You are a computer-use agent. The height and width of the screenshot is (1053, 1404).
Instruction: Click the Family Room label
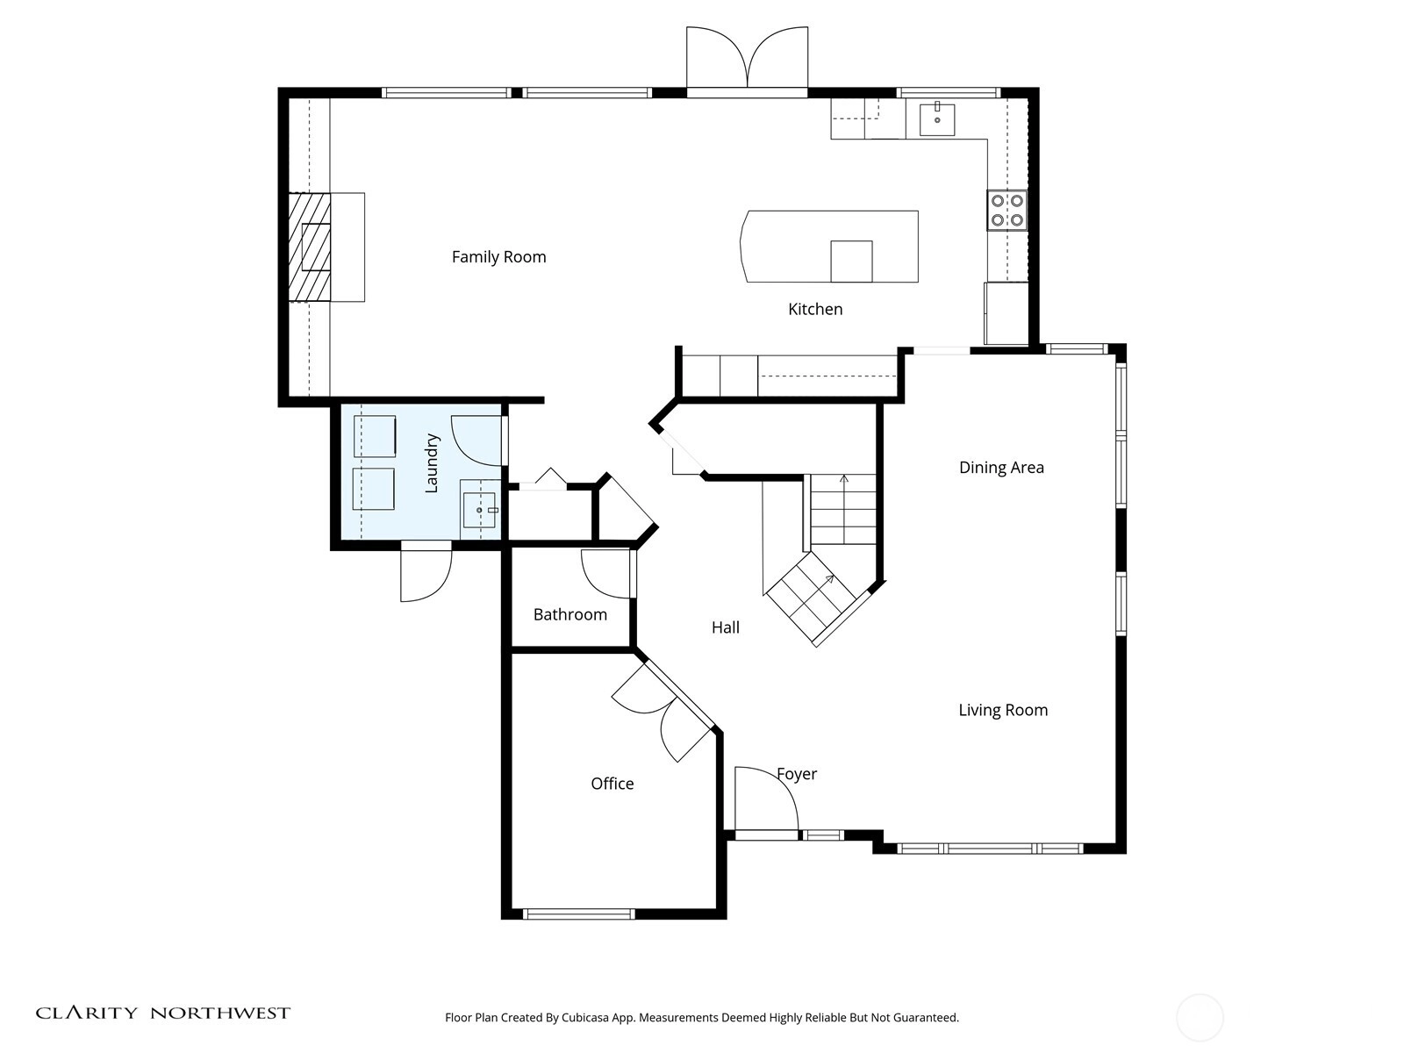pyautogui.click(x=499, y=257)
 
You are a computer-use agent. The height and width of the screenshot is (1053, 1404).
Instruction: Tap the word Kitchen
pyautogui.click(x=815, y=310)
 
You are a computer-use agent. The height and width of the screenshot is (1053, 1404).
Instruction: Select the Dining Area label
pyautogui.click(x=1001, y=468)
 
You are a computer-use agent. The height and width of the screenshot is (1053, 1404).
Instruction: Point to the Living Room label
pyautogui.click(x=1003, y=710)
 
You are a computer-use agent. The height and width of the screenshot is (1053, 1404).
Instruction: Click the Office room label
pyautogui.click(x=612, y=784)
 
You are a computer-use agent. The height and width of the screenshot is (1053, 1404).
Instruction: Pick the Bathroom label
pyautogui.click(x=569, y=614)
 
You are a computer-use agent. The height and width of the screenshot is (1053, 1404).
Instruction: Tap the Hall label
pyautogui.click(x=726, y=627)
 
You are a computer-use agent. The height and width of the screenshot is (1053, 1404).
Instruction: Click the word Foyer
pyautogui.click(x=797, y=774)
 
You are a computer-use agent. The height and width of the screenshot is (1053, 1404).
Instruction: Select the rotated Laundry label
pyautogui.click(x=432, y=463)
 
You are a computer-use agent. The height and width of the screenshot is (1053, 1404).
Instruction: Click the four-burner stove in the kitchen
pyautogui.click(x=1006, y=211)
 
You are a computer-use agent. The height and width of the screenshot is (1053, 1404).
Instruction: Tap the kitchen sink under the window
pyautogui.click(x=937, y=119)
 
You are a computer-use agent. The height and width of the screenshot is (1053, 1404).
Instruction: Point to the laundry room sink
pyautogui.click(x=480, y=510)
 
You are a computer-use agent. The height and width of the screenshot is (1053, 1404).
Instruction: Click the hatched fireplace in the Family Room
pyautogui.click(x=310, y=247)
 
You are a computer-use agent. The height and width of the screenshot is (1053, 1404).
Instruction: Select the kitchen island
pyautogui.click(x=829, y=247)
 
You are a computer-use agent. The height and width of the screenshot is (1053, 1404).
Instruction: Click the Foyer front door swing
pyautogui.click(x=766, y=799)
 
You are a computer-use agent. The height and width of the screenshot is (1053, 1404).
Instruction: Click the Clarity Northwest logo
pyautogui.click(x=162, y=1013)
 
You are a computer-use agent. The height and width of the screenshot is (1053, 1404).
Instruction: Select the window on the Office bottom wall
pyautogui.click(x=579, y=914)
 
